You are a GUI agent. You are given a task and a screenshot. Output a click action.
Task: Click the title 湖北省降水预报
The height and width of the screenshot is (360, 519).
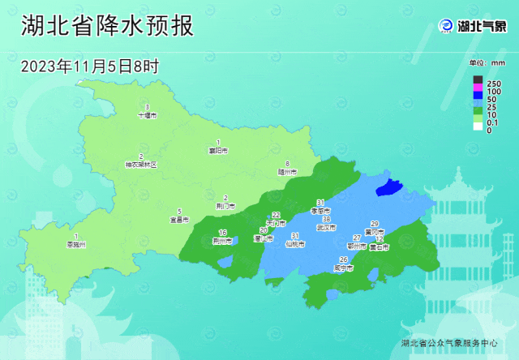click(106, 25)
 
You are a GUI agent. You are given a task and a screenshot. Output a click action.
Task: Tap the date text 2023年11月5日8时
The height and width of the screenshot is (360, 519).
click(89, 66)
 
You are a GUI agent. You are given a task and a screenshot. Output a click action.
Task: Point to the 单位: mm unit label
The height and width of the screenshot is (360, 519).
click(487, 62)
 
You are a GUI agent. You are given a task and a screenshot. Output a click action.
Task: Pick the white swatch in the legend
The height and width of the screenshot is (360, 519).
click(478, 130)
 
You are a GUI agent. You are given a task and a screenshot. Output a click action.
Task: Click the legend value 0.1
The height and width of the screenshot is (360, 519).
click(491, 122)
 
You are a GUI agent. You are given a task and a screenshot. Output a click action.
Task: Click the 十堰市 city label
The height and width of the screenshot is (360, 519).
click(147, 116)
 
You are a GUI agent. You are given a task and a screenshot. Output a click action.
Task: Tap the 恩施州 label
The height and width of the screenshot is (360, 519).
click(76, 244)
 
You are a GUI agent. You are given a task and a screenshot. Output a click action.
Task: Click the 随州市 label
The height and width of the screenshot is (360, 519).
click(288, 172)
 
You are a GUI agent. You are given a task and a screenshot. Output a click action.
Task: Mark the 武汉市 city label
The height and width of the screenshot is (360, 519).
click(326, 228)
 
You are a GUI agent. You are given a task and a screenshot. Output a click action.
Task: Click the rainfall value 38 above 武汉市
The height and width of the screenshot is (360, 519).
click(326, 220)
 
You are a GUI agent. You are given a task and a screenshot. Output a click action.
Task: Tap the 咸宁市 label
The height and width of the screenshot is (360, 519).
click(344, 267)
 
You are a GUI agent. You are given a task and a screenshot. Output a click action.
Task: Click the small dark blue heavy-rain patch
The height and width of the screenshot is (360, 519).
click(389, 188)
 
